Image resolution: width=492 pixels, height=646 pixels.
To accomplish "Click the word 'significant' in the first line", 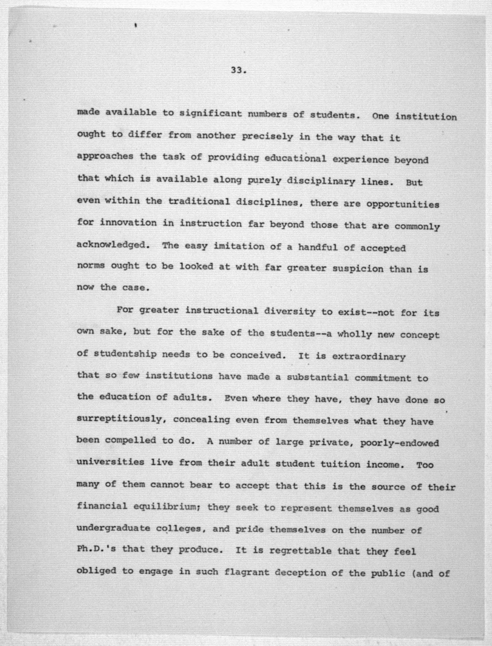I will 210,114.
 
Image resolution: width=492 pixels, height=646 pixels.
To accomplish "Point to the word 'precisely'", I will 267,136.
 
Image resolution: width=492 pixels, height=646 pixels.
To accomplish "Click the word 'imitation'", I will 238,246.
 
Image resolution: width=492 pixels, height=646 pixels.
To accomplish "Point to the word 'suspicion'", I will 357,268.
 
